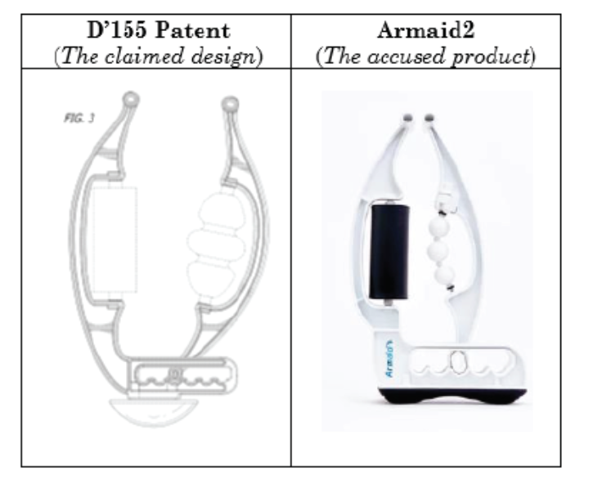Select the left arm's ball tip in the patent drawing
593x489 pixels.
click(x=131, y=99)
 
